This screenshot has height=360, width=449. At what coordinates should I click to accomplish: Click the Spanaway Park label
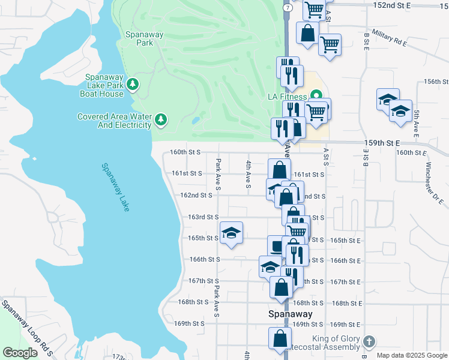(x=144, y=38)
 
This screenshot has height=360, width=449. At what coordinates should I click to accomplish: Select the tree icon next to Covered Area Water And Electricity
(x=160, y=120)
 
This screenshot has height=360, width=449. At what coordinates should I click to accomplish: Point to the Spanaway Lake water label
(x=116, y=187)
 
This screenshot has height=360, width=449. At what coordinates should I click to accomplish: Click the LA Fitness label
(x=287, y=97)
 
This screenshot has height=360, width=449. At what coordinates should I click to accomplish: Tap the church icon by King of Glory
(x=369, y=343)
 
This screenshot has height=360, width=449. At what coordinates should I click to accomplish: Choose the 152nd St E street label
(x=408, y=5)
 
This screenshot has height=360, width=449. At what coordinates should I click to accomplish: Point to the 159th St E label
(x=382, y=143)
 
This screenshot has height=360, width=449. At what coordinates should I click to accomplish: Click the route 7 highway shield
(x=288, y=8)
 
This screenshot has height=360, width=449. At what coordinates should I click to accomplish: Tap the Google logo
(x=20, y=353)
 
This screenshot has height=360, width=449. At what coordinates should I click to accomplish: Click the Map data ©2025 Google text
(x=412, y=355)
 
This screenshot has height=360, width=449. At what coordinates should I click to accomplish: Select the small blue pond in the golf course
(x=196, y=120)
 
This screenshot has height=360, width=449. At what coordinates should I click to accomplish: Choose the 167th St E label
(x=346, y=282)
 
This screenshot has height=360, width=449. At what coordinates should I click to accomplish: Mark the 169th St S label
(x=190, y=323)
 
